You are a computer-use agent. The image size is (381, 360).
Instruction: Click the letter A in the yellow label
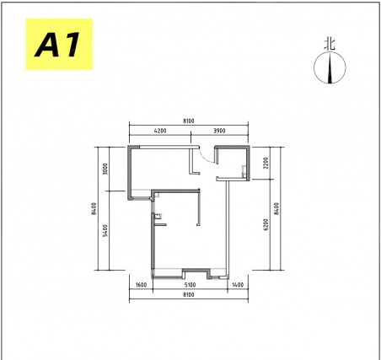48,45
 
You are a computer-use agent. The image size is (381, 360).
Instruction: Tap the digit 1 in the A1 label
71,45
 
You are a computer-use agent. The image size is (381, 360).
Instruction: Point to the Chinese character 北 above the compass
330,45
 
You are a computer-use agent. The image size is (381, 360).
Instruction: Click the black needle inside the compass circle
330,69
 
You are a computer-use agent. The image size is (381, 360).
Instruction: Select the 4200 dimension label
160,131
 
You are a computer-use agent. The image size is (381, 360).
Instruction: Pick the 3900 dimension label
219,131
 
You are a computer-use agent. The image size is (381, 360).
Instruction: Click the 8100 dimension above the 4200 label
189,121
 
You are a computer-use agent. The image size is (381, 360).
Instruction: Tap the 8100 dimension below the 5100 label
189,295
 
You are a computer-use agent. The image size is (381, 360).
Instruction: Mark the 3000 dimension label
105,169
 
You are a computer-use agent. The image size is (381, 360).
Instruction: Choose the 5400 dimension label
105,230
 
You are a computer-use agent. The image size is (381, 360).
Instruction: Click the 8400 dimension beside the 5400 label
94,208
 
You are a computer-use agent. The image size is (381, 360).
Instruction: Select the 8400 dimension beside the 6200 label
276,208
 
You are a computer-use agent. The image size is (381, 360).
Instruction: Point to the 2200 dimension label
266,163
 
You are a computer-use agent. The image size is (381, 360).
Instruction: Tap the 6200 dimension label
266,224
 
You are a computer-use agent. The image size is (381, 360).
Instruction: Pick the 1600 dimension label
141,285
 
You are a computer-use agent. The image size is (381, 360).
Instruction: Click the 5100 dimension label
190,285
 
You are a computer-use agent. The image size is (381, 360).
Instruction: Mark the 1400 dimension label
238,285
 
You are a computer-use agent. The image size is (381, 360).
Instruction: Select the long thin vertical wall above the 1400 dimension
228,228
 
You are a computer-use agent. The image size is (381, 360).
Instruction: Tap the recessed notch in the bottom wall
196,271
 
